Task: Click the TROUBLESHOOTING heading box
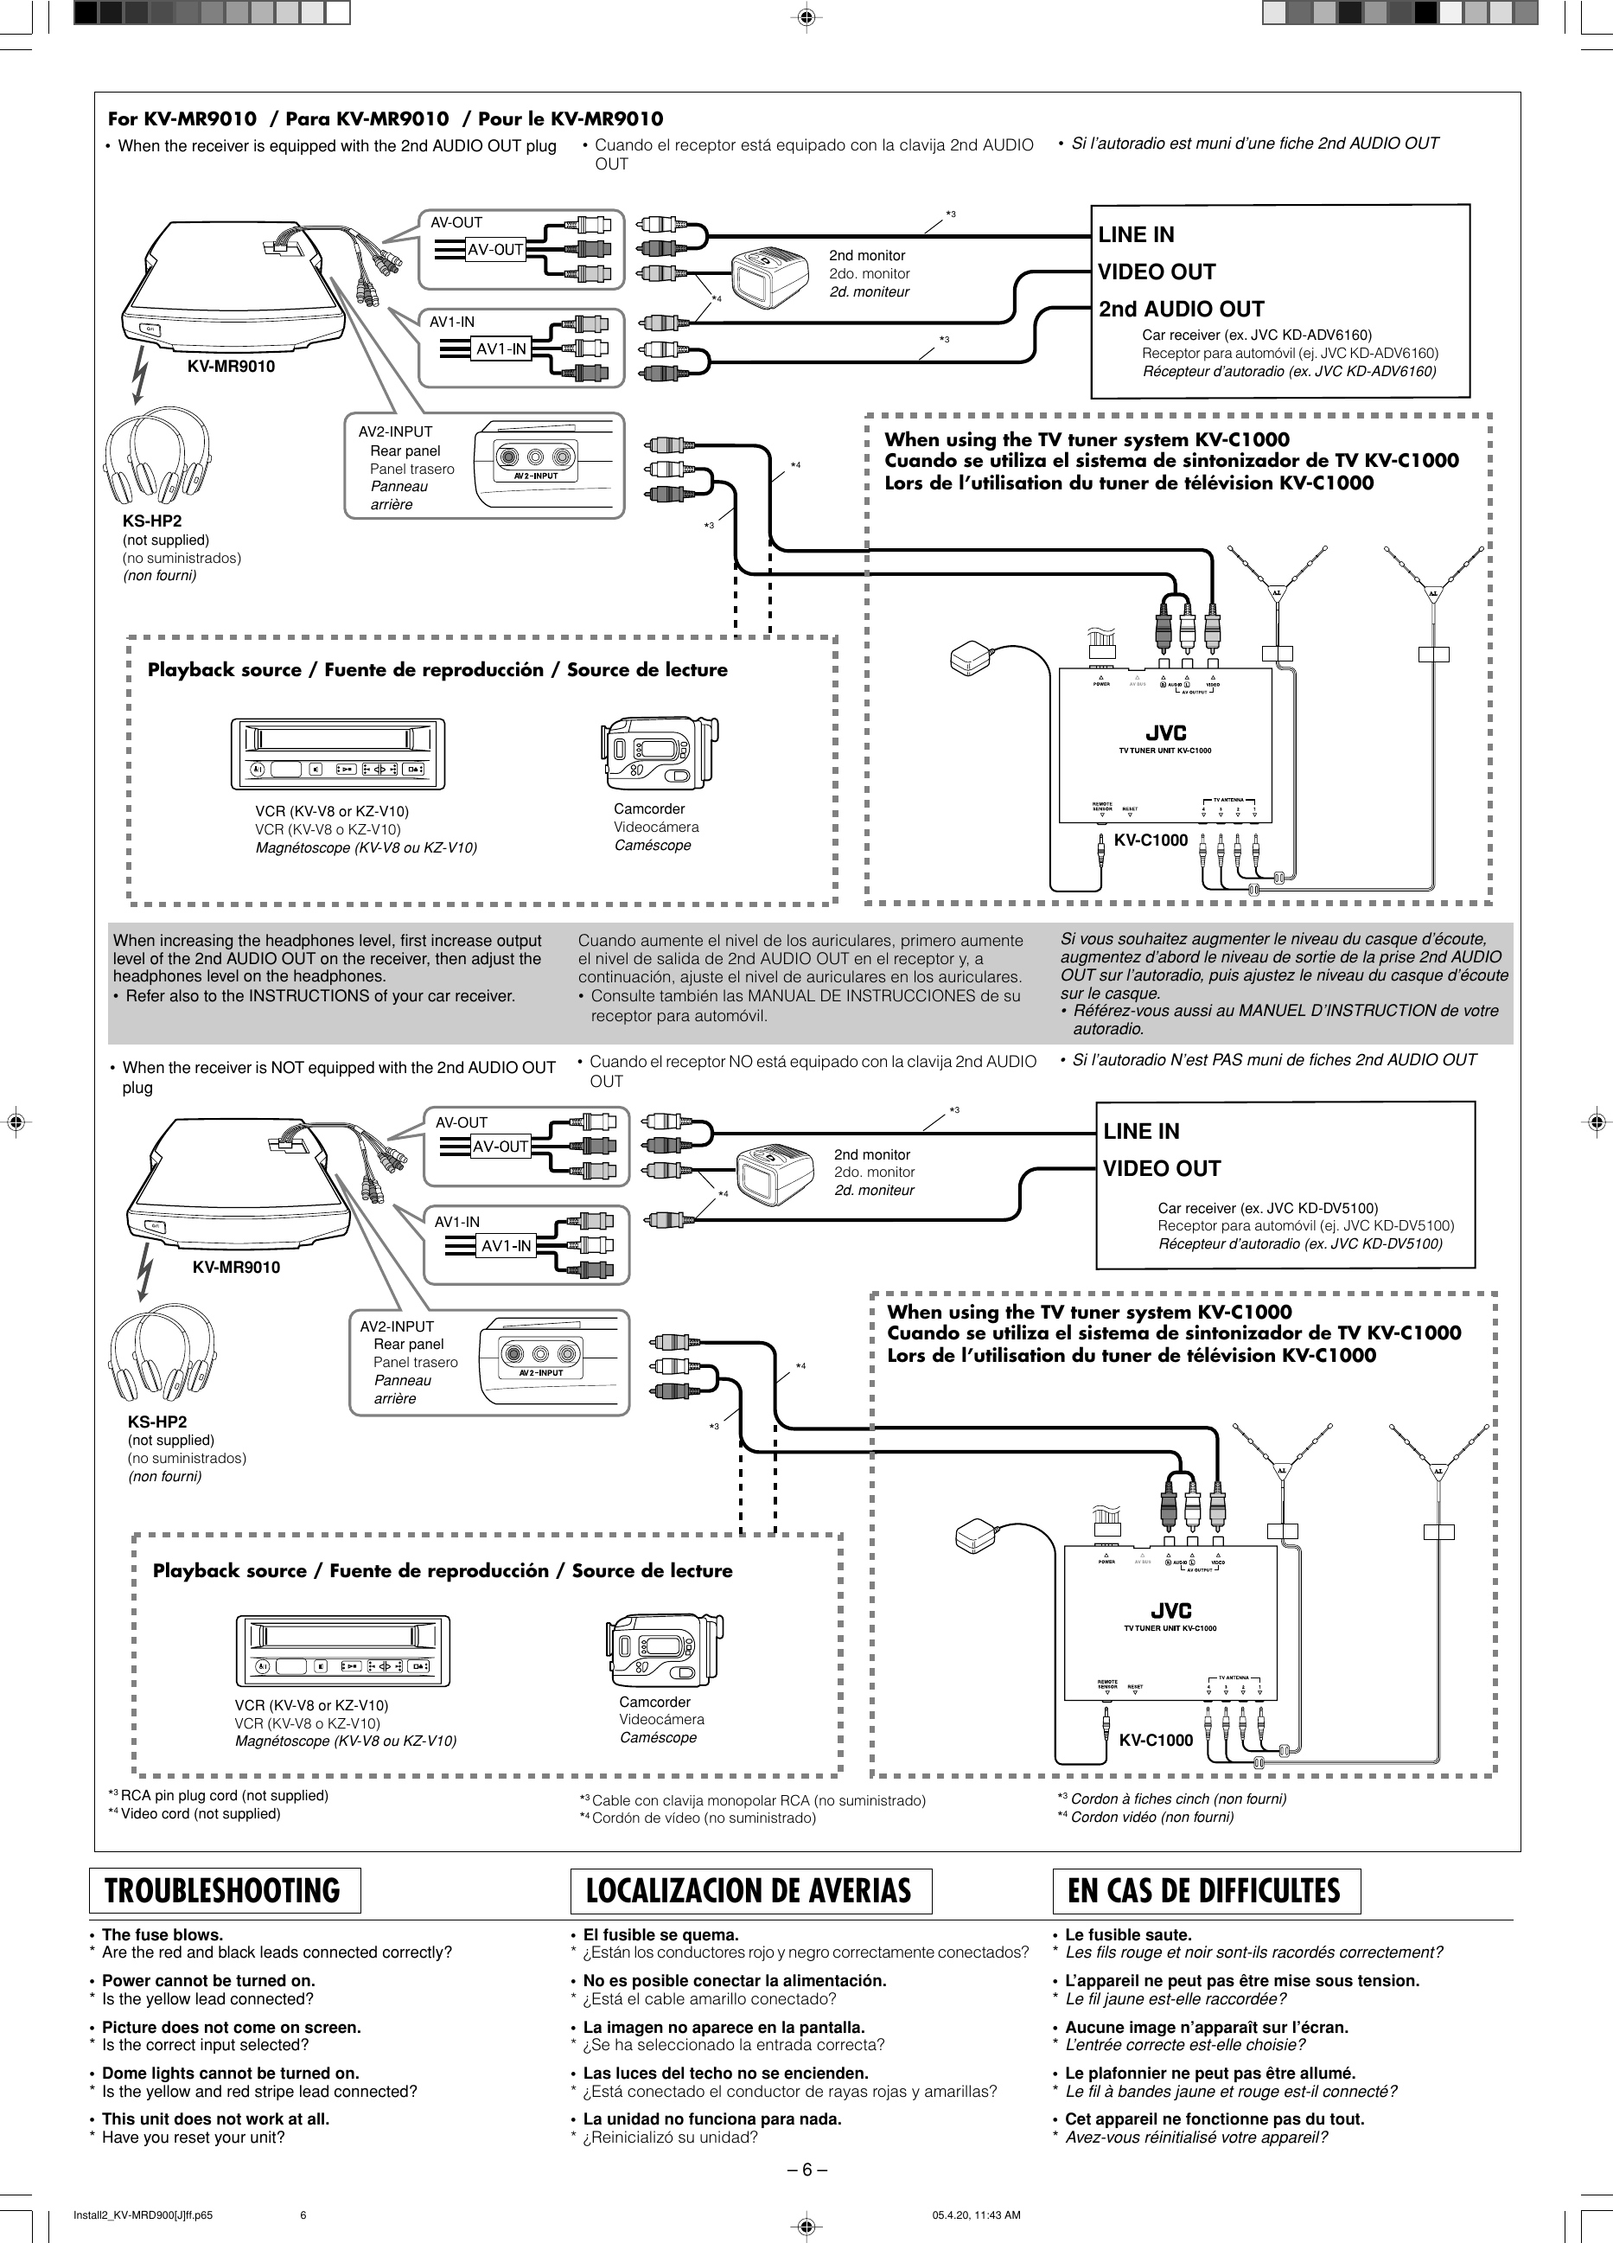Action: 224,1890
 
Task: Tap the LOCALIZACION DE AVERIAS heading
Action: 748,1890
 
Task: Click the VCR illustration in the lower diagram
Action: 342,1651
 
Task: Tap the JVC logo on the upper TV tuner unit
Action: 1165,734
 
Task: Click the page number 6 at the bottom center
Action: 807,2169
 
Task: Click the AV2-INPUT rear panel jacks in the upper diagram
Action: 535,458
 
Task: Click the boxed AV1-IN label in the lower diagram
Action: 507,1246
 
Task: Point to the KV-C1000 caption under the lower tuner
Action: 1155,1740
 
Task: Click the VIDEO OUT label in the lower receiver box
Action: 1161,1168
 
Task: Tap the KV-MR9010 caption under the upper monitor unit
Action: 231,367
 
